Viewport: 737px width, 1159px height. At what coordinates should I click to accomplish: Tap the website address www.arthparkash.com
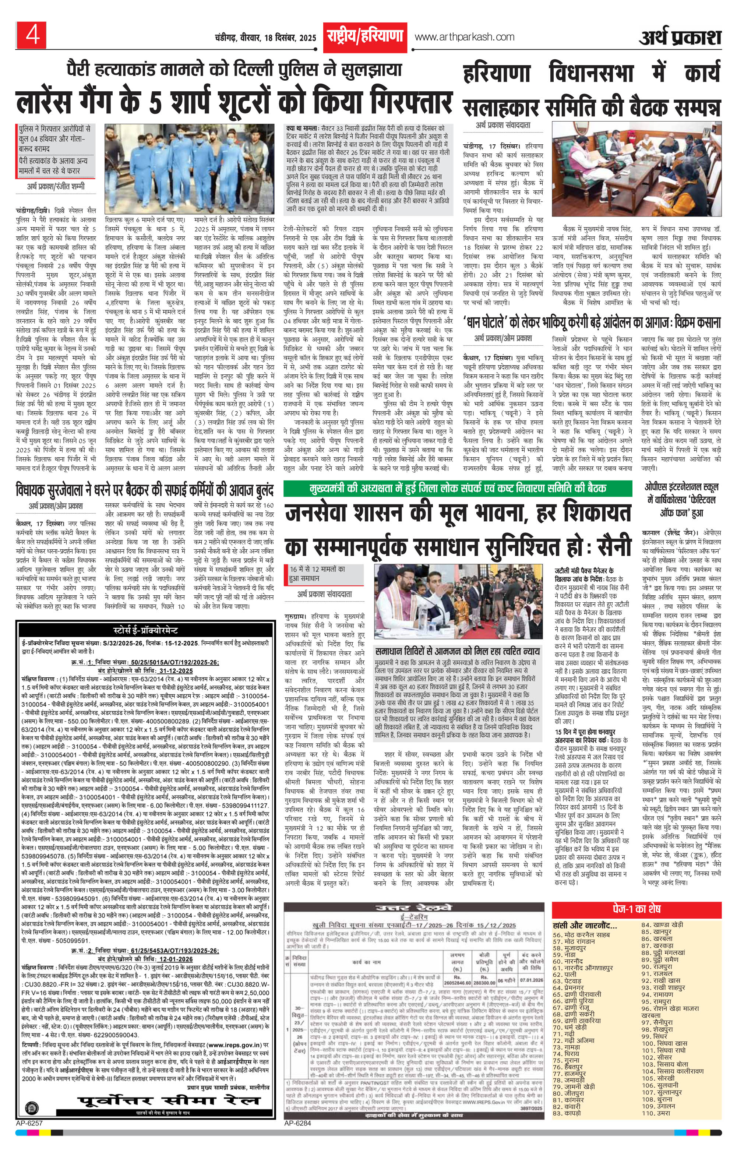click(465, 36)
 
